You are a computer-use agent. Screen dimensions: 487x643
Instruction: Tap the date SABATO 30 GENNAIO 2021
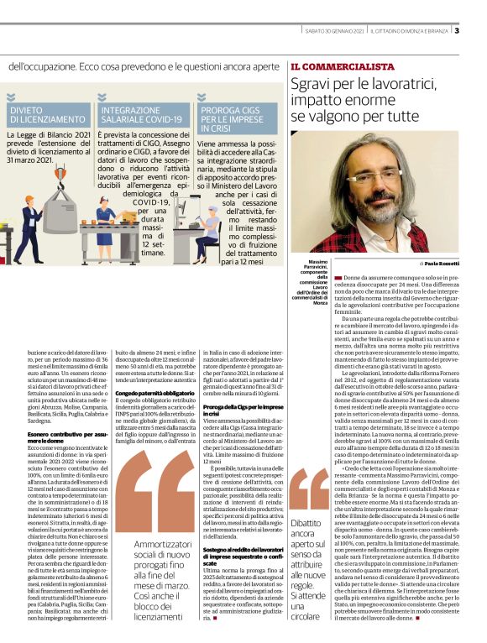[x=334, y=32]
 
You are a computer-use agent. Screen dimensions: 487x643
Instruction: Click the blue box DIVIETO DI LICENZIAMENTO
[x=48, y=115]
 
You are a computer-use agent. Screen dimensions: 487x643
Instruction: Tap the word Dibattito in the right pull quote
[x=307, y=522]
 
